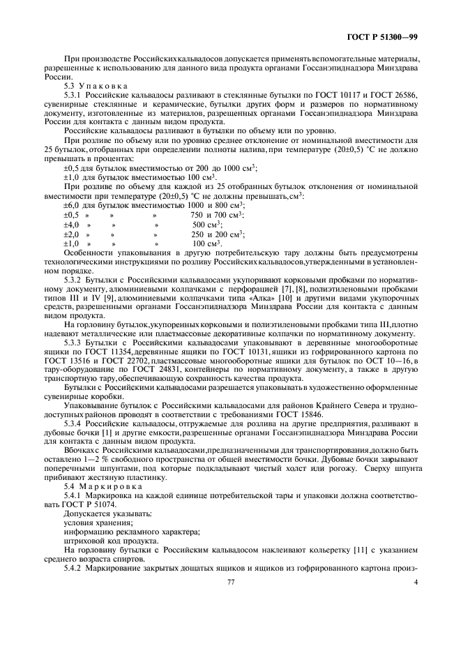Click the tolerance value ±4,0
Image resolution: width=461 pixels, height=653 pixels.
pos(71,225)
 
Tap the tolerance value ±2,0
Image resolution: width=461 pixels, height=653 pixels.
pos(71,234)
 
